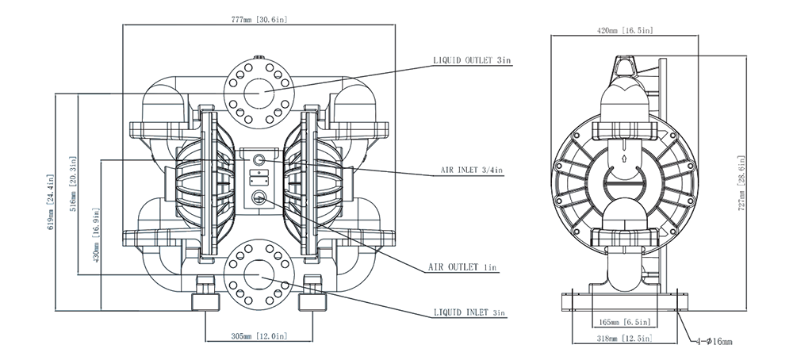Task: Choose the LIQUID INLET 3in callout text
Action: click(x=469, y=313)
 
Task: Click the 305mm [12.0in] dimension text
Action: click(x=259, y=335)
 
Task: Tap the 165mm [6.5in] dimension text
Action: click(x=623, y=322)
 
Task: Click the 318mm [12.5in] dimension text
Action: click(x=623, y=339)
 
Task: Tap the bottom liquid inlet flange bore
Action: click(x=259, y=274)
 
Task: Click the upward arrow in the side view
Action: click(x=626, y=157)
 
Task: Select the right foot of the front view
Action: click(x=311, y=301)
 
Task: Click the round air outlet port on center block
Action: click(x=259, y=197)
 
